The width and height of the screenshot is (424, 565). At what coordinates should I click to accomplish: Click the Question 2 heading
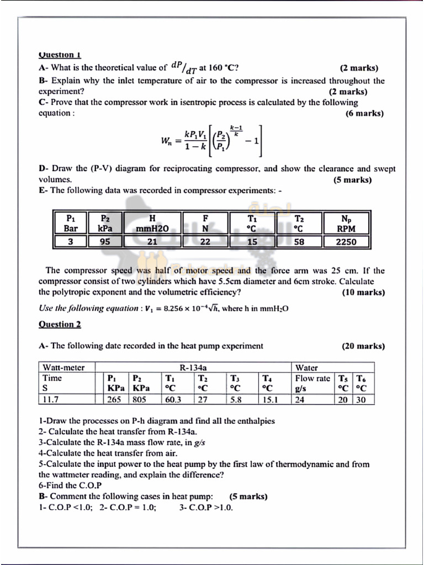(60, 324)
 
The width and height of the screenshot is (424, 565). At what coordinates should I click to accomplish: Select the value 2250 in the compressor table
(346, 242)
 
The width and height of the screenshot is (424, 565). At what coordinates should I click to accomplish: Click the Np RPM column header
(346, 223)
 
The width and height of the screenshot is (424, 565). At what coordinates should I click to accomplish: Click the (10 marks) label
(363, 292)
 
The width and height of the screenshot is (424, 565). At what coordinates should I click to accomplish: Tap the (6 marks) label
(364, 114)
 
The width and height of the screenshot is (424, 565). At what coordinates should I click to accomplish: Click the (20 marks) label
(363, 347)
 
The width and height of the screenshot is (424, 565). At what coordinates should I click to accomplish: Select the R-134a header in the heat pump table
(193, 367)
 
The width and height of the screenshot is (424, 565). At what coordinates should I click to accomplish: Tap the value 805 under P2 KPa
(139, 399)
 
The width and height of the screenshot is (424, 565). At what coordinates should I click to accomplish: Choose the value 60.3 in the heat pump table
(172, 399)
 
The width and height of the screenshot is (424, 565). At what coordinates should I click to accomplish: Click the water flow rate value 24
(300, 399)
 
